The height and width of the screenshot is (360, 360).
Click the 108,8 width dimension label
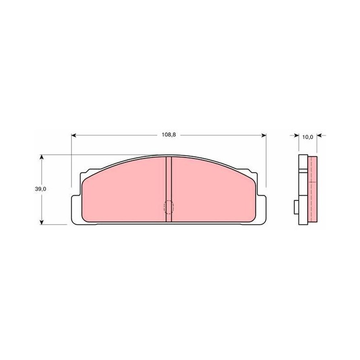(x=169, y=135)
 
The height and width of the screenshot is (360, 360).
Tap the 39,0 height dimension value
(x=40, y=189)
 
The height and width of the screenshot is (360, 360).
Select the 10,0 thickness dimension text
(x=308, y=137)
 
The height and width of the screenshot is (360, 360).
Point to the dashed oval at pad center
(x=169, y=207)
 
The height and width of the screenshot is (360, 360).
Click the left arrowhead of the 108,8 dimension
(x=73, y=135)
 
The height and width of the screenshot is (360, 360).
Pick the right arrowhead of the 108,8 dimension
(x=264, y=135)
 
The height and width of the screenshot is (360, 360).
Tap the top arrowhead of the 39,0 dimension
(x=41, y=157)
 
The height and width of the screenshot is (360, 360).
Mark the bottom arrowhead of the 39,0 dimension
(x=41, y=222)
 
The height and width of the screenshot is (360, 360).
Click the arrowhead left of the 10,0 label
(x=297, y=136)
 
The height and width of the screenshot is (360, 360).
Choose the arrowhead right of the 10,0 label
(x=319, y=136)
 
